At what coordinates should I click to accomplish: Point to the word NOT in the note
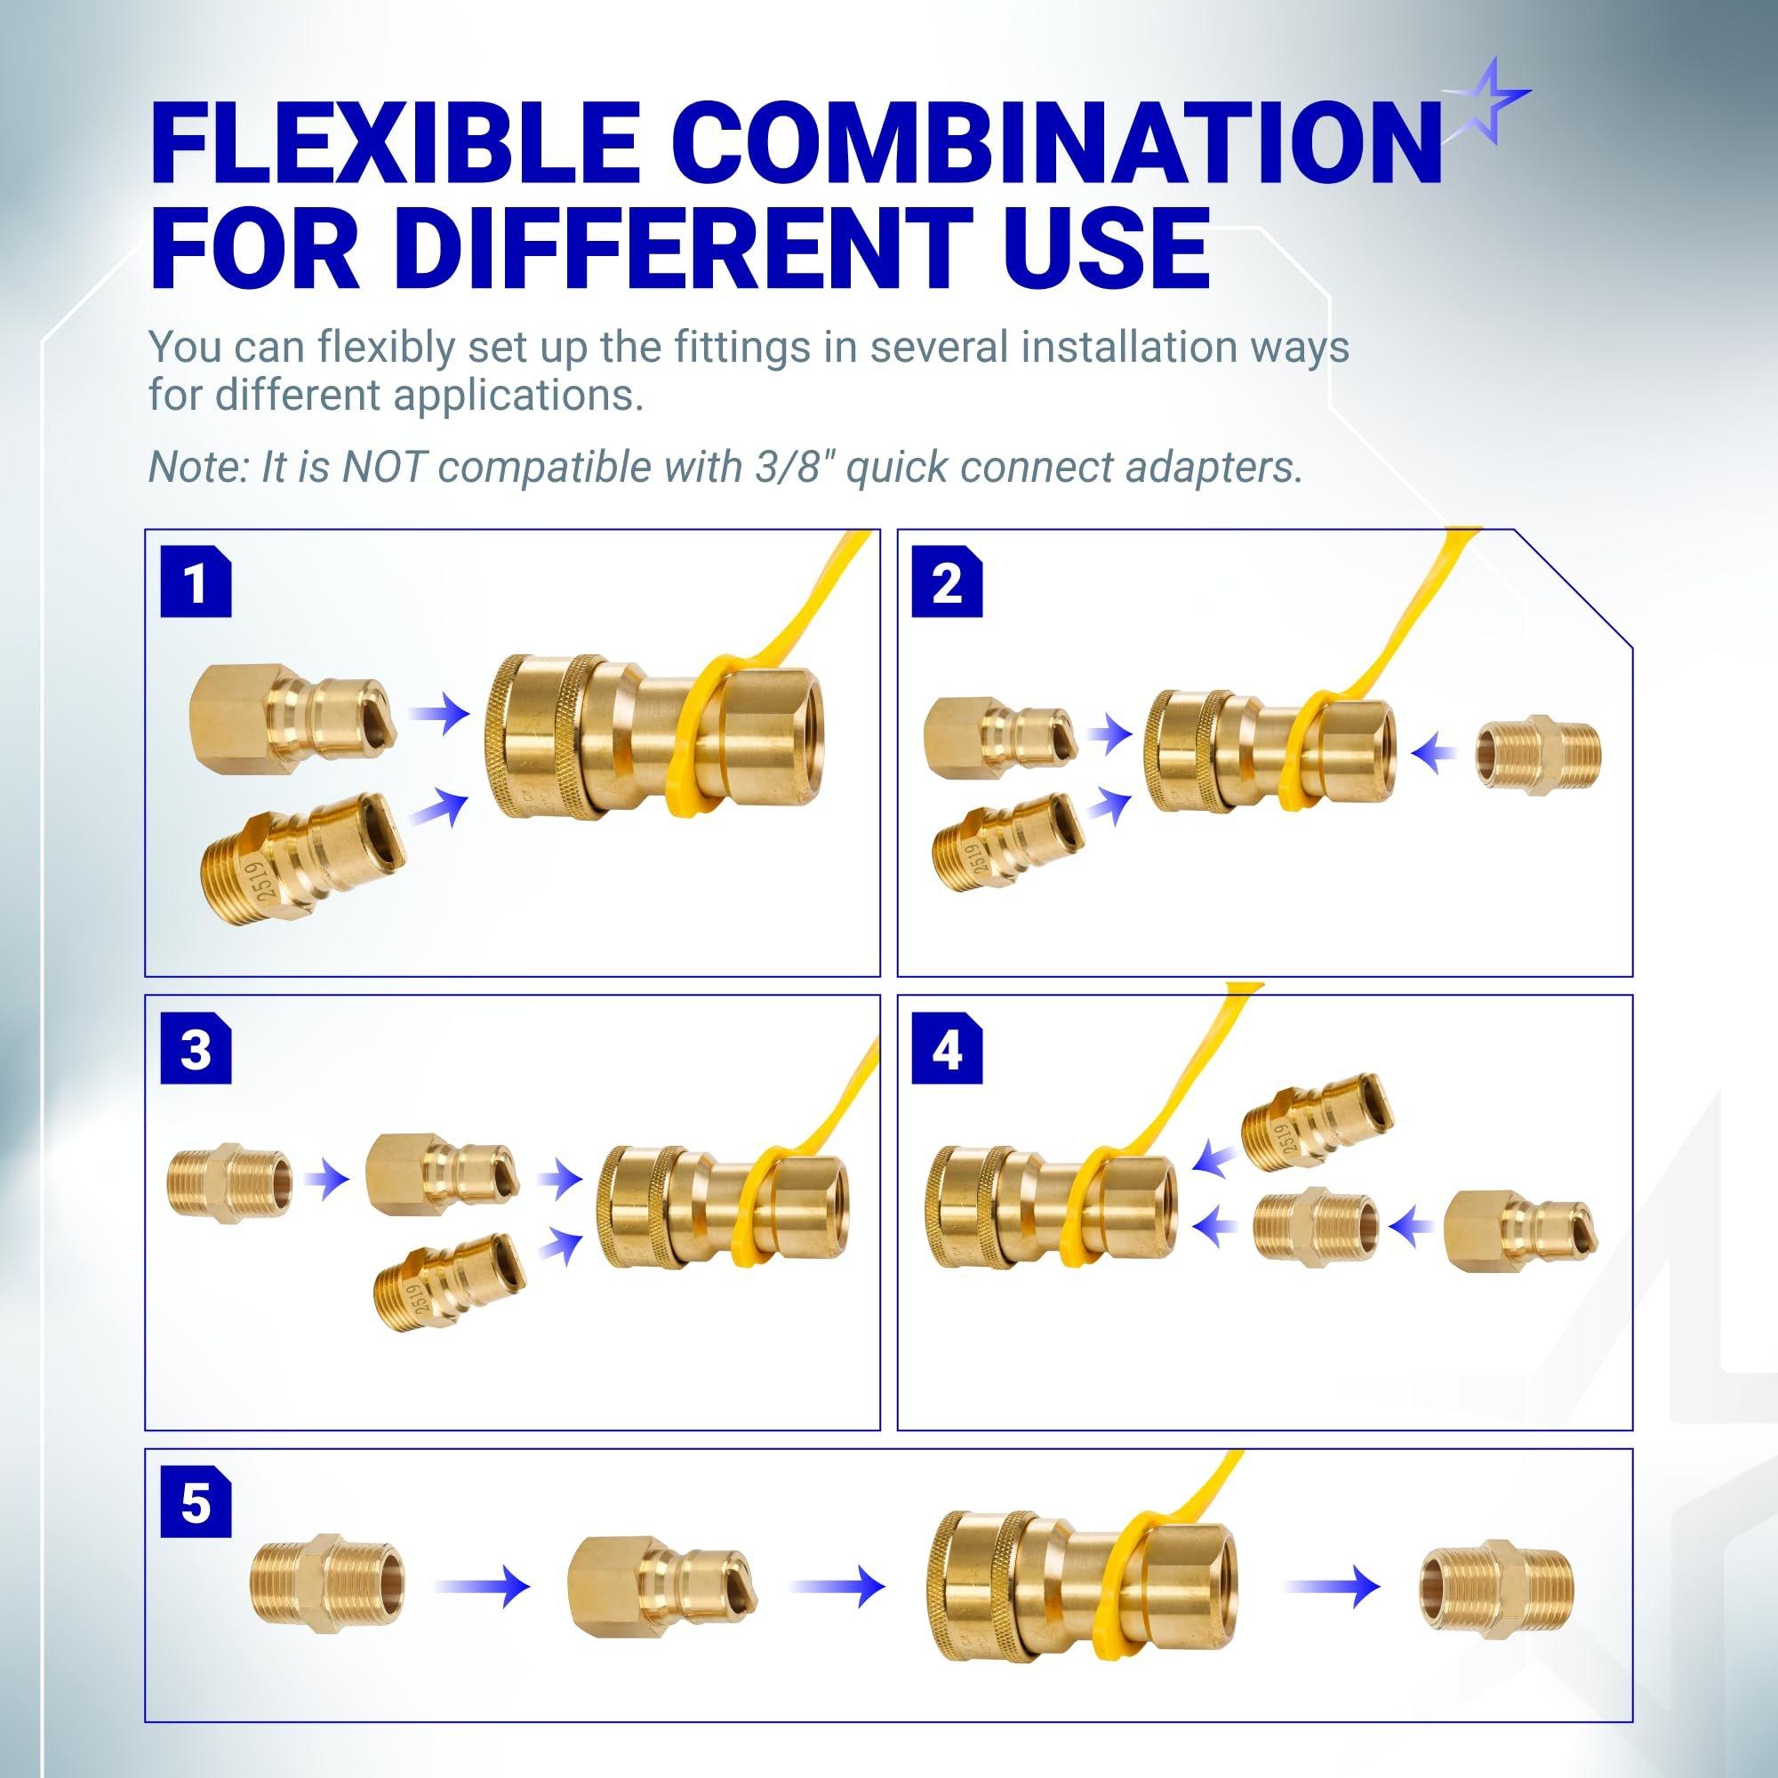tap(385, 468)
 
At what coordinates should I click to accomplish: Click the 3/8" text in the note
tap(787, 468)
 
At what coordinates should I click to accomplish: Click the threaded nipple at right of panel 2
tap(1538, 752)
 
